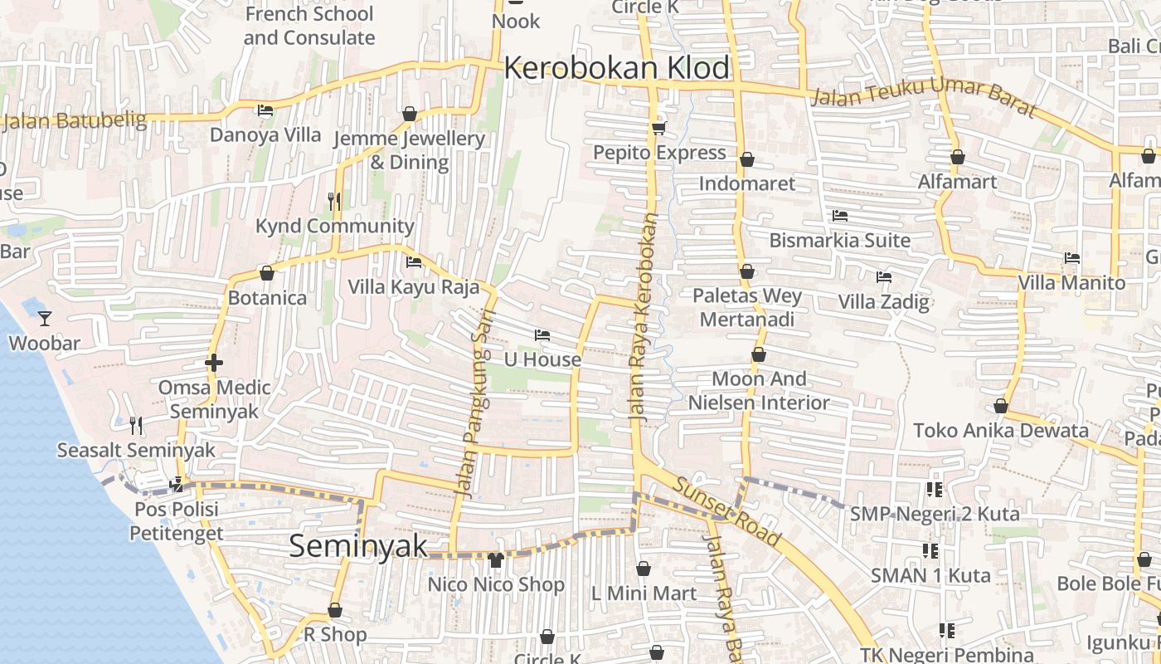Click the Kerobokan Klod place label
click(x=617, y=68)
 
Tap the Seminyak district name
click(x=358, y=545)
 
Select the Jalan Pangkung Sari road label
click(x=475, y=403)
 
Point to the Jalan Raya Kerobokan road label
click(x=643, y=320)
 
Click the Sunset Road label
click(x=726, y=513)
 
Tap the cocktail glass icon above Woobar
click(x=45, y=318)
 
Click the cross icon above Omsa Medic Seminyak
click(x=214, y=363)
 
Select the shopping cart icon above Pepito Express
click(x=659, y=128)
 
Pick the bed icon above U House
click(x=542, y=335)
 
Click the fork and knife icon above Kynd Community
click(x=334, y=200)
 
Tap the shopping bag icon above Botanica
click(x=267, y=272)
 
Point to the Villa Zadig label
click(x=883, y=301)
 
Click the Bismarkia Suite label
click(x=839, y=241)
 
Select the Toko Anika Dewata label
click(x=1000, y=430)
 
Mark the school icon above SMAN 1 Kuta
click(x=930, y=550)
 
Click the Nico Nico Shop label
click(x=496, y=584)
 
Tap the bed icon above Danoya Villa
click(x=265, y=110)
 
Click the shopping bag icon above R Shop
click(x=335, y=611)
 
